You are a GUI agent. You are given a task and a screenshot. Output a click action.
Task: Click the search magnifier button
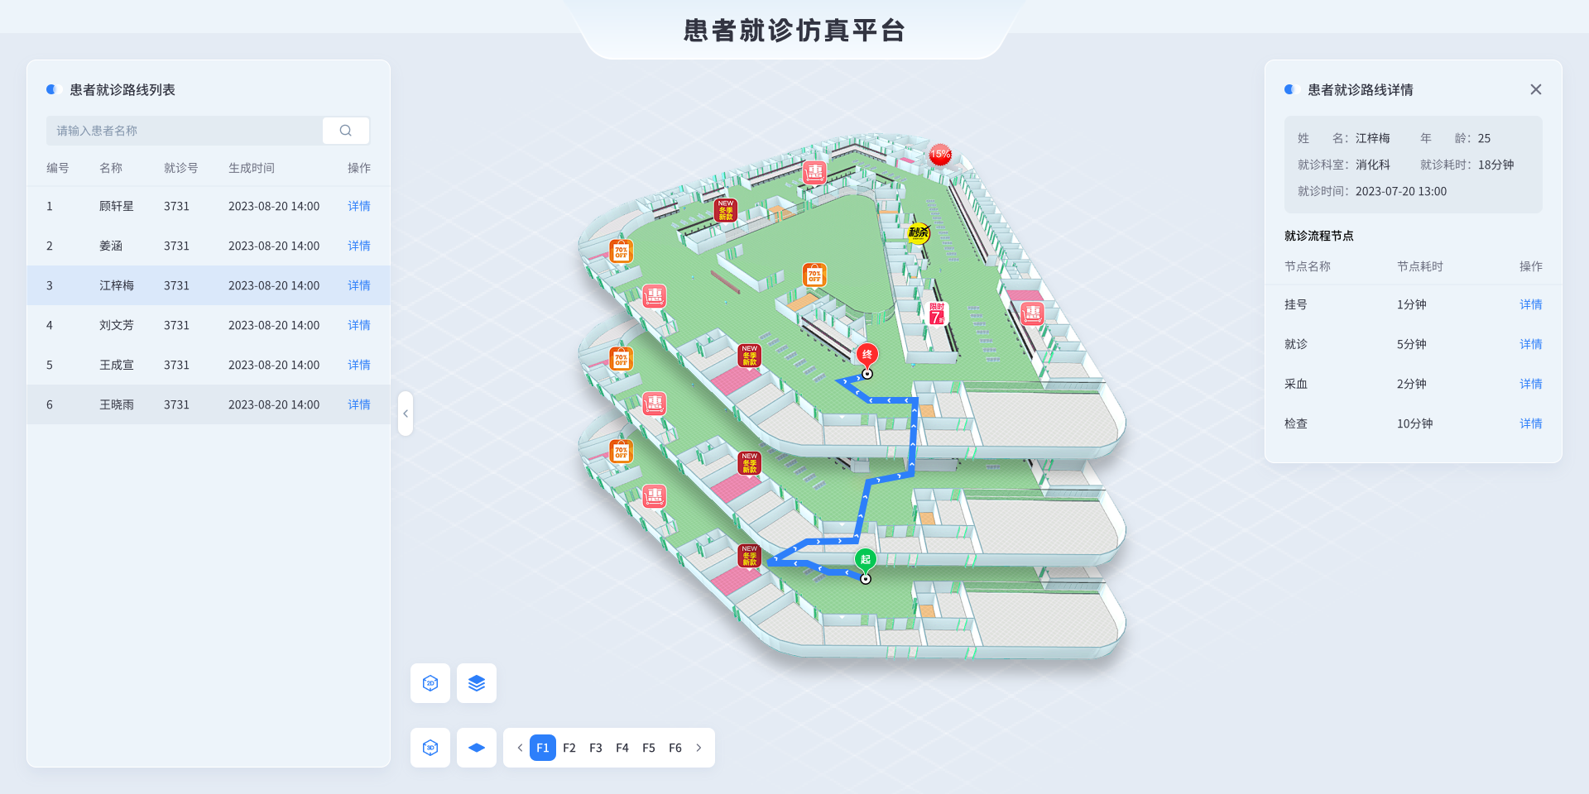[346, 131]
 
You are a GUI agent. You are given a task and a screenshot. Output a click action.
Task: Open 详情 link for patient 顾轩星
[359, 206]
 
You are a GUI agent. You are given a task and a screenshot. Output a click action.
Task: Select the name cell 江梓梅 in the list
[117, 285]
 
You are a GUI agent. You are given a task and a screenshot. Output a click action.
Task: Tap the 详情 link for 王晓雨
[359, 404]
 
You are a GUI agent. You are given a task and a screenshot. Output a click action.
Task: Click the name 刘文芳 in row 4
[117, 325]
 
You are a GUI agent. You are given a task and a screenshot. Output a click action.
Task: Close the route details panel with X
[1535, 89]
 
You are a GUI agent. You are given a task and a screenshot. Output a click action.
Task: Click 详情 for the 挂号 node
[1530, 304]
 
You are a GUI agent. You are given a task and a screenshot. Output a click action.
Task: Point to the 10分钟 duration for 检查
[1414, 423]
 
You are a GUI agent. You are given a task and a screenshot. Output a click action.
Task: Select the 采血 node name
[1296, 384]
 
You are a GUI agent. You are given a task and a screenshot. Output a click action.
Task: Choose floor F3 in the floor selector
[596, 748]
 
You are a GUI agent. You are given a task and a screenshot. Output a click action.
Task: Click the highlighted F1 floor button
[543, 748]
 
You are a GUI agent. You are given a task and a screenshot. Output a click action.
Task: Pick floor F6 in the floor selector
[675, 748]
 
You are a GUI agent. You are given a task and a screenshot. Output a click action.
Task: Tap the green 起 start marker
[866, 560]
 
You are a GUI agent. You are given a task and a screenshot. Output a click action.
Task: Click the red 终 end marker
[867, 355]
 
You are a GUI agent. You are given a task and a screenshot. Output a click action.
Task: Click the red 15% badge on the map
[940, 155]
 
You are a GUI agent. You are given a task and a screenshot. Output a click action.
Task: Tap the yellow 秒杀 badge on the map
[919, 233]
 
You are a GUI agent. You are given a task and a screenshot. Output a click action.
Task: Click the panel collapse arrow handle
[406, 414]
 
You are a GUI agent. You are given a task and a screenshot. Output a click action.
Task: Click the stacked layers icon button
[477, 683]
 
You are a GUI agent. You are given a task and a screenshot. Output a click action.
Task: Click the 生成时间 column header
[252, 168]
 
